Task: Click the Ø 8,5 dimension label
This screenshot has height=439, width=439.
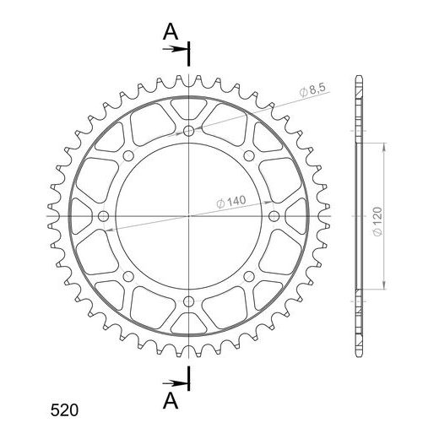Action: [x=312, y=90]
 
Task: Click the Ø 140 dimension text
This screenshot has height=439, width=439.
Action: [x=231, y=202]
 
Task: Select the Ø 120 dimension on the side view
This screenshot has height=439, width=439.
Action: [x=377, y=221]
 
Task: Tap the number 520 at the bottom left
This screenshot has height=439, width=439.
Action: [x=64, y=410]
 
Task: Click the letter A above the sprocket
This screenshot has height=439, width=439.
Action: [x=171, y=32]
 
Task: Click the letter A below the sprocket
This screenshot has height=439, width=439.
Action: [x=171, y=401]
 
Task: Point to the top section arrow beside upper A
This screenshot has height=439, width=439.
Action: [x=175, y=49]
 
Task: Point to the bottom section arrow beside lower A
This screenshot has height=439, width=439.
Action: [x=175, y=383]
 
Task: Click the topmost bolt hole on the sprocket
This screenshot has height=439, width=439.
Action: [x=188, y=131]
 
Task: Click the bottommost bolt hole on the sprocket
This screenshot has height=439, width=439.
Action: [x=188, y=301]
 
